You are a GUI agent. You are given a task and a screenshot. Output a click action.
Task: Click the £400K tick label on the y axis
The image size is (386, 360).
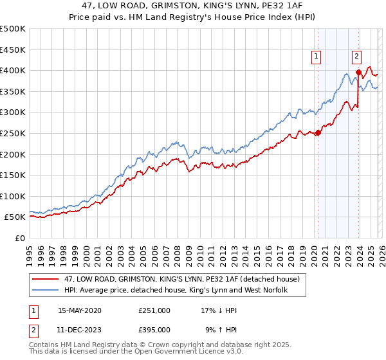coord(13,70)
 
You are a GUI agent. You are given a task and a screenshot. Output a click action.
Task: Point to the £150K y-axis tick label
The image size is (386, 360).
coord(13,175)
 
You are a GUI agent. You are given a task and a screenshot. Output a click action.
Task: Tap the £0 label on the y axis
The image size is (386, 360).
coord(21,238)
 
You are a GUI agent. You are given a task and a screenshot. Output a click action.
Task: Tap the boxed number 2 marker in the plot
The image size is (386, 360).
coord(357,56)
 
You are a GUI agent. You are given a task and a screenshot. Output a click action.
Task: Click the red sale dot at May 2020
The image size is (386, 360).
coord(318,133)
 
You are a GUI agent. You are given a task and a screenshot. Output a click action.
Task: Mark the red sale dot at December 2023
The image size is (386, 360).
coord(358,72)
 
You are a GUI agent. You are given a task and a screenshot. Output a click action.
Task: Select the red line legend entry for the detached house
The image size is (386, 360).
coord(182,280)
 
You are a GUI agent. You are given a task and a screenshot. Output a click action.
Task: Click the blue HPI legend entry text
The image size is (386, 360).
coord(176,291)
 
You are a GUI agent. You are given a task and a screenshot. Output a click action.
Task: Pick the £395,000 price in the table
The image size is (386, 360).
coord(154,329)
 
